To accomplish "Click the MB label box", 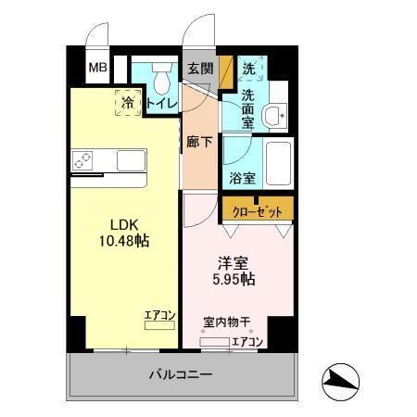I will [96, 68].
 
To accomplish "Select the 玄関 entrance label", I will [199, 68].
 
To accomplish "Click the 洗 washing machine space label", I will [248, 68].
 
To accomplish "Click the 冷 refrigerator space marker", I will [127, 102].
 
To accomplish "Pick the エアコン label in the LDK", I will [159, 316].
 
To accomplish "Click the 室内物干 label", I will [228, 322].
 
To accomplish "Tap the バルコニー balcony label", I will [182, 375].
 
